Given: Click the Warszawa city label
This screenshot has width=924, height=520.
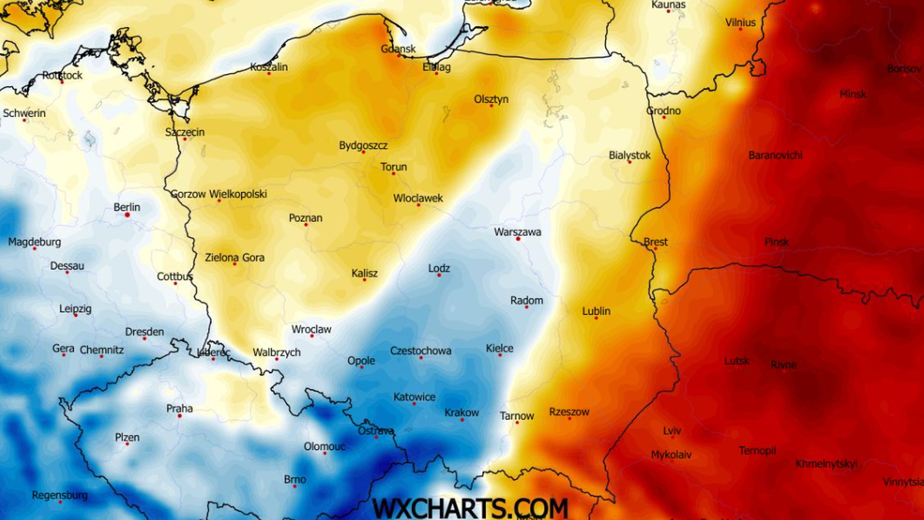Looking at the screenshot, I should [517, 231].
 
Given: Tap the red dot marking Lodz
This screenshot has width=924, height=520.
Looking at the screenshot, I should [439, 276].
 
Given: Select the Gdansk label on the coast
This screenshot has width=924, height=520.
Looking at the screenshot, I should [398, 49].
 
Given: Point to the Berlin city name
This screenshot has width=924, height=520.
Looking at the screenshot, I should [127, 206].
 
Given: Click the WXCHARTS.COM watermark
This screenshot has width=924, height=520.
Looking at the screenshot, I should [470, 508].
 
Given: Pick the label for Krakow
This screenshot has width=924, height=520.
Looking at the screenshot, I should [462, 412].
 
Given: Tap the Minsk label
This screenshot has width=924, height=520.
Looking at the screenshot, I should [852, 94].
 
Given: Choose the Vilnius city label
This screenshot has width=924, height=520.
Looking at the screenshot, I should [740, 22].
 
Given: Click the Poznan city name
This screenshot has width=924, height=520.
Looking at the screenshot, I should [306, 217].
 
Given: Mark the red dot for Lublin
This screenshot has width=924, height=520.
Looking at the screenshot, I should [596, 318].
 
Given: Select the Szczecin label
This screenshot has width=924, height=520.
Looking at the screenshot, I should [185, 132].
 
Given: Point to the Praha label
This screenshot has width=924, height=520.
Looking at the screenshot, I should [179, 408].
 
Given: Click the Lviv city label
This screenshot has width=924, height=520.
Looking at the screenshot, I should [671, 431].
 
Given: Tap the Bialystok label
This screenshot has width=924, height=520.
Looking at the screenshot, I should [629, 155].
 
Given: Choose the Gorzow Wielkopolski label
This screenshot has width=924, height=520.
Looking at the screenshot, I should [219, 194].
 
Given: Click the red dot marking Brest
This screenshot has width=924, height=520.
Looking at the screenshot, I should [655, 249].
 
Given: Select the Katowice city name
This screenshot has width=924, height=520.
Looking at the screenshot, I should [414, 397].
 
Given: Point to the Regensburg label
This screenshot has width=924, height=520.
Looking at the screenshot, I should [59, 495].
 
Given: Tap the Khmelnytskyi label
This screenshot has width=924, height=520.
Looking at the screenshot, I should [826, 464].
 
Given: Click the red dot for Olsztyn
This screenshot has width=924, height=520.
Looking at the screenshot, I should [491, 106].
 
